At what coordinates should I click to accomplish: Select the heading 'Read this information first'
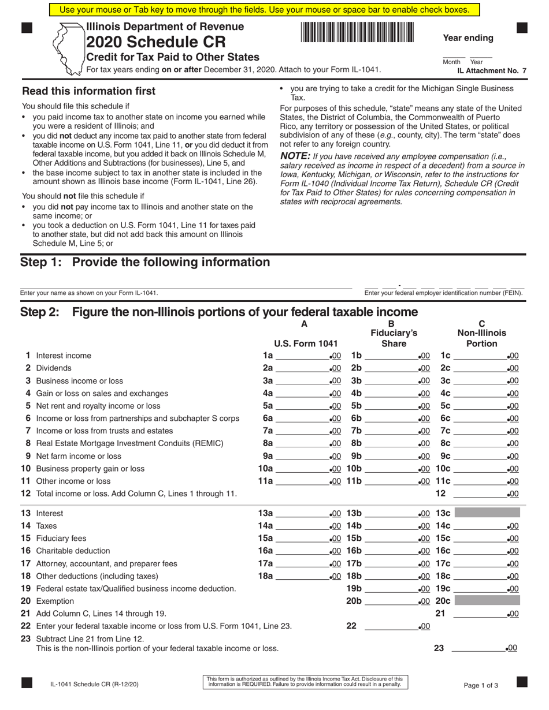point(88,91)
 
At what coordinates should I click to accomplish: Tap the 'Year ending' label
point(468,38)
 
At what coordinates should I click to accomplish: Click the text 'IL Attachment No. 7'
point(492,70)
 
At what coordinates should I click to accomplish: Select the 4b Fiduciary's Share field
point(390,394)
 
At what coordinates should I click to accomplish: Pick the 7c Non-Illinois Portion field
point(480,431)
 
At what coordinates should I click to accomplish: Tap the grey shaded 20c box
point(487,601)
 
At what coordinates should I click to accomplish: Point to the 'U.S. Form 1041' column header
point(305,343)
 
